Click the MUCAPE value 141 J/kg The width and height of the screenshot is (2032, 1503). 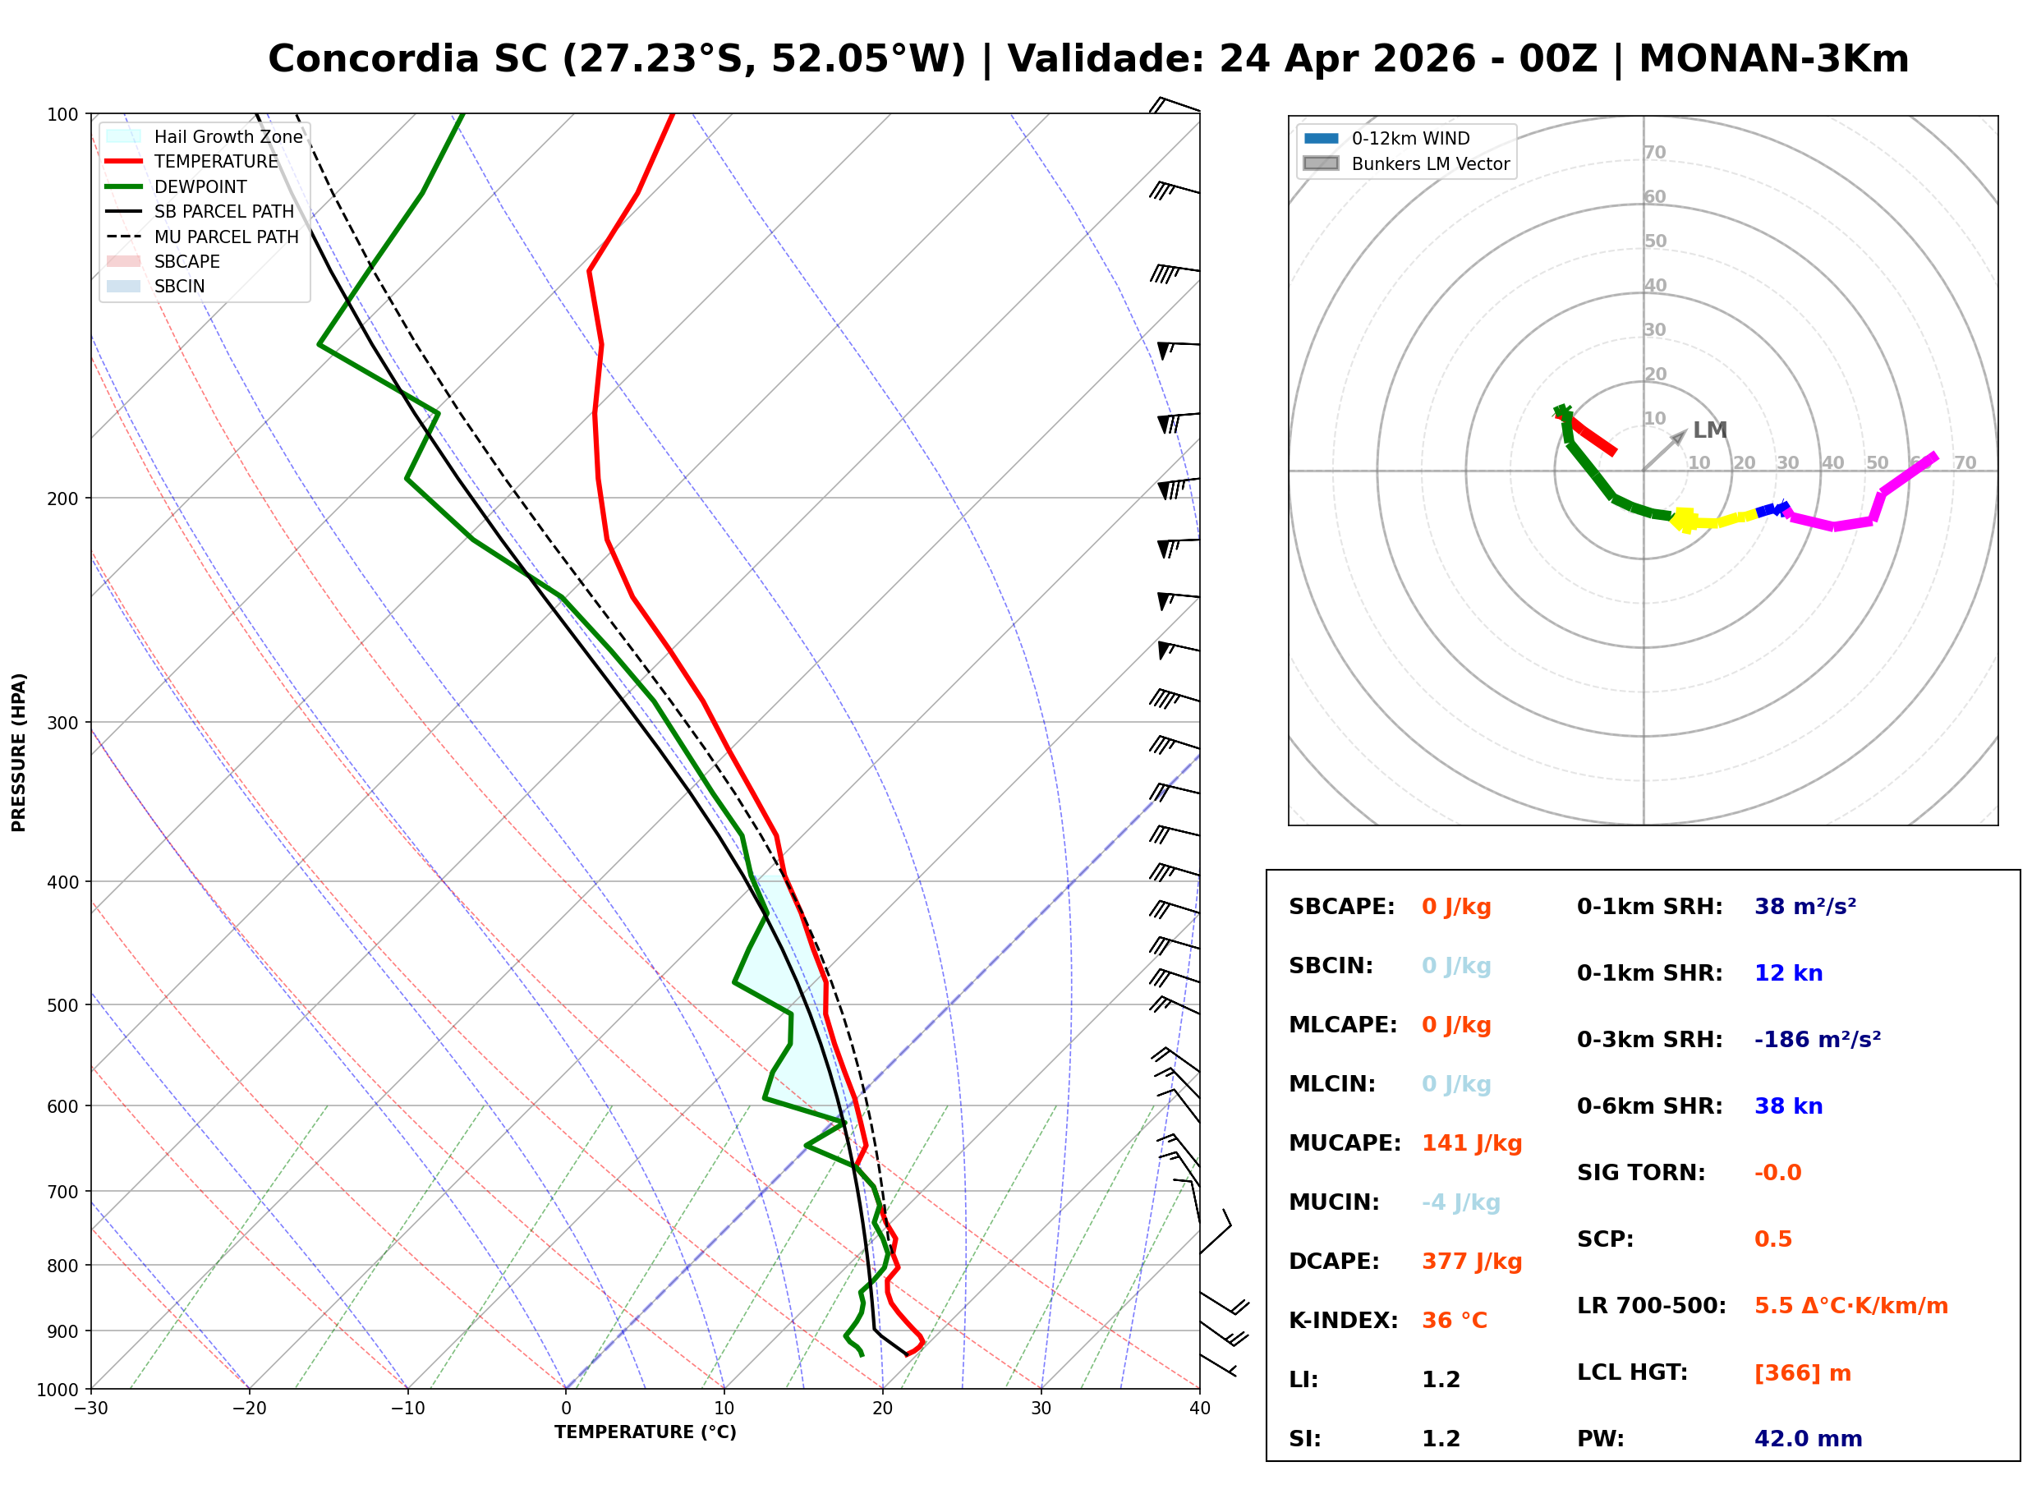(1471, 1142)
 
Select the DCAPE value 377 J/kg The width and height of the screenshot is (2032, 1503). (1471, 1261)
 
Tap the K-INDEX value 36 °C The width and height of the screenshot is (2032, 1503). (1454, 1320)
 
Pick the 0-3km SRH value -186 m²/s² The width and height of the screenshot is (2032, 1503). (1817, 1039)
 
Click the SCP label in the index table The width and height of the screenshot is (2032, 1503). (1605, 1239)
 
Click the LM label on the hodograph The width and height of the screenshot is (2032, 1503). (1709, 430)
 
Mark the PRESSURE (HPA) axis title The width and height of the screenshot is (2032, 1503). (19, 751)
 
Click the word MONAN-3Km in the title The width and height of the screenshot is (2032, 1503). (1772, 59)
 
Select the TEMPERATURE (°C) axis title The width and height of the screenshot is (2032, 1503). (645, 1432)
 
